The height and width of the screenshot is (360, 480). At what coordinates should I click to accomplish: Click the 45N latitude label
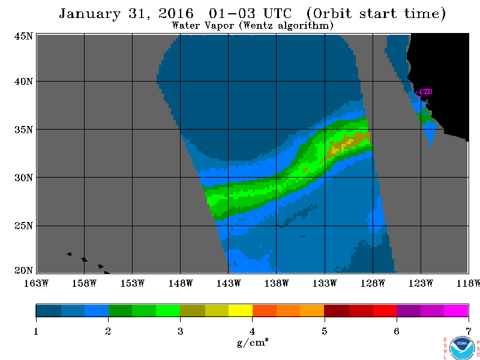[23, 36]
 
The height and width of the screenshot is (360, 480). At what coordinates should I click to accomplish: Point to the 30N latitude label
[23, 178]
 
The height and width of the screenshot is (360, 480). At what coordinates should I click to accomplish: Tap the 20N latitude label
[23, 271]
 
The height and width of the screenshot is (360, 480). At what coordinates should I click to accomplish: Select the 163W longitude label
[36, 283]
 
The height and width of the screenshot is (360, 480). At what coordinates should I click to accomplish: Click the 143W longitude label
[229, 283]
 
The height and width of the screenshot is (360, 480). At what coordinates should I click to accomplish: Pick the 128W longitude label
[373, 283]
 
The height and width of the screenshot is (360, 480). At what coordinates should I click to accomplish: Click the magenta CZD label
[426, 92]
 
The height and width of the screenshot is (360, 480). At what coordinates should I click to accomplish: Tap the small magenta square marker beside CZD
[418, 94]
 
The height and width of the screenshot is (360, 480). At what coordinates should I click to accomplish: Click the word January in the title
[89, 14]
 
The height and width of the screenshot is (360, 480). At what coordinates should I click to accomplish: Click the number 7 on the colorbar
[469, 331]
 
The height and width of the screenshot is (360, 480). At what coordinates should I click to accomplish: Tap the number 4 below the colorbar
[252, 331]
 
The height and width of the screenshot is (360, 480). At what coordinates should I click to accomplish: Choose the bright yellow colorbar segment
[241, 310]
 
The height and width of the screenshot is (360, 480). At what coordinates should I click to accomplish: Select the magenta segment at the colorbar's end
[456, 310]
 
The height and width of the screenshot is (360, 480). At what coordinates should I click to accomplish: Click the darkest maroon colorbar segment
[337, 310]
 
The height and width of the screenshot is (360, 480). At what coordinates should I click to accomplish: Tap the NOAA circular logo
[462, 348]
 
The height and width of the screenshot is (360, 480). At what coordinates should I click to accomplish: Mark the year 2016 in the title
[176, 14]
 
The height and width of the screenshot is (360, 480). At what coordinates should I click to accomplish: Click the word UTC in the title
[277, 14]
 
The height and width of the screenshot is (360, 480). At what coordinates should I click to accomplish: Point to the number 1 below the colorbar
[36, 331]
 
